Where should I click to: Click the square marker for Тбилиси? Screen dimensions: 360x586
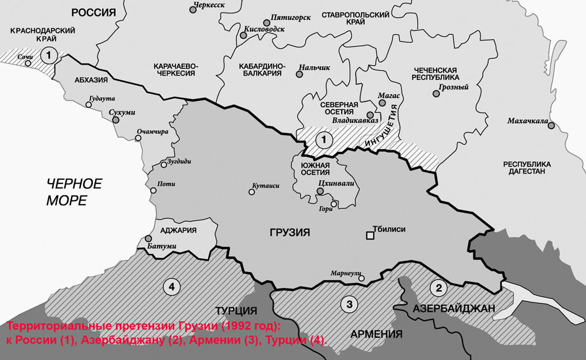[x=370, y=236]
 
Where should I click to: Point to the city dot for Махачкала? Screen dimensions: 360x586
[x=551, y=123]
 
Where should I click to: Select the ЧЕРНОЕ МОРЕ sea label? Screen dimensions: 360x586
[x=74, y=192]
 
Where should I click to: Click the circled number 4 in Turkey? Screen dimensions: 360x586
[x=171, y=286]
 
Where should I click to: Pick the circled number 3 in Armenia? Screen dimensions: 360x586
[x=349, y=304]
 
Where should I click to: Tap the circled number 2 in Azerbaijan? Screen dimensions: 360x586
[x=437, y=287]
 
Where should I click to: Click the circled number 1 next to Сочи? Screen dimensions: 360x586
[x=50, y=55]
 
